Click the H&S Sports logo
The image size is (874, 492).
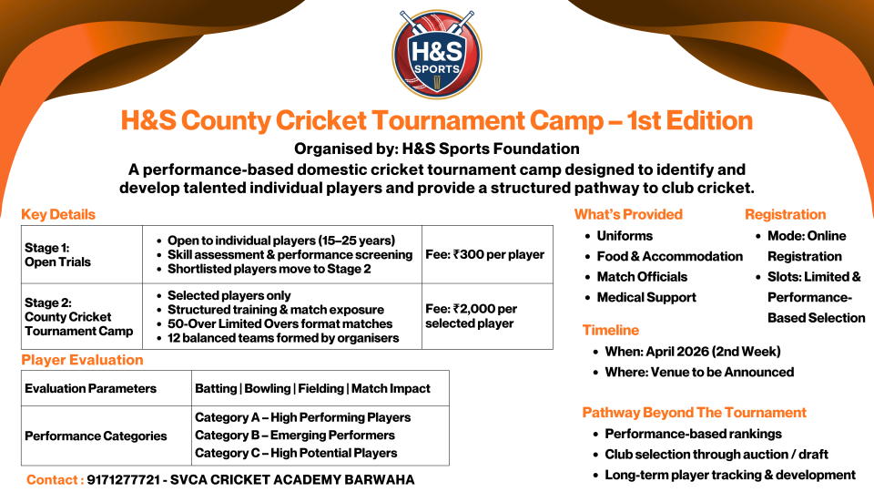(x=437, y=54)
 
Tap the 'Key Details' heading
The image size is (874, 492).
(x=58, y=214)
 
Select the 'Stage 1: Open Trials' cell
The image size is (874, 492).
(x=82, y=254)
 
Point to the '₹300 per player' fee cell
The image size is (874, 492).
(x=487, y=254)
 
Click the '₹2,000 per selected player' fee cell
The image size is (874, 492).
(x=487, y=316)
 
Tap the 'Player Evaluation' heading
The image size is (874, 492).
(x=83, y=360)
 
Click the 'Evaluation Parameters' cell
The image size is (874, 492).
(x=107, y=388)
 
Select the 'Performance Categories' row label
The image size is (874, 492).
(x=96, y=436)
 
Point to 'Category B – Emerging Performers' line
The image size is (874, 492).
(x=295, y=436)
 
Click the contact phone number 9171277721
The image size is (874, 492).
(x=123, y=480)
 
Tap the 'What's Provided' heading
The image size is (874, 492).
(x=629, y=214)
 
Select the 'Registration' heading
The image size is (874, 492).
(x=786, y=214)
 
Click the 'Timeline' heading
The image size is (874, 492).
(x=611, y=330)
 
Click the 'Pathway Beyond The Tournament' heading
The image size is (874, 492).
(x=695, y=412)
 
